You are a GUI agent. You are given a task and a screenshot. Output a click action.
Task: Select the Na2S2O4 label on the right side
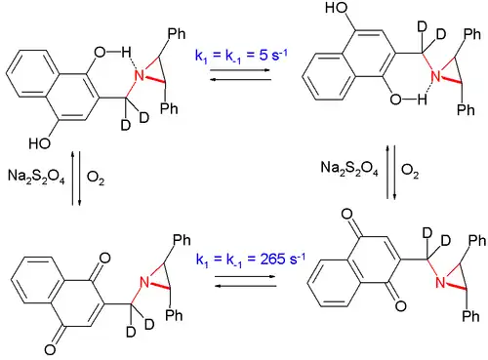point(346,168)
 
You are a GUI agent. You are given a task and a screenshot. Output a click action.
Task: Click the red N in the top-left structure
point(140,77)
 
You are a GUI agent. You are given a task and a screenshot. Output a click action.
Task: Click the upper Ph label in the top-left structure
point(177,36)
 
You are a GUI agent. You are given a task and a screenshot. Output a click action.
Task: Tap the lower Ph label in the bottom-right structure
point(472,316)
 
